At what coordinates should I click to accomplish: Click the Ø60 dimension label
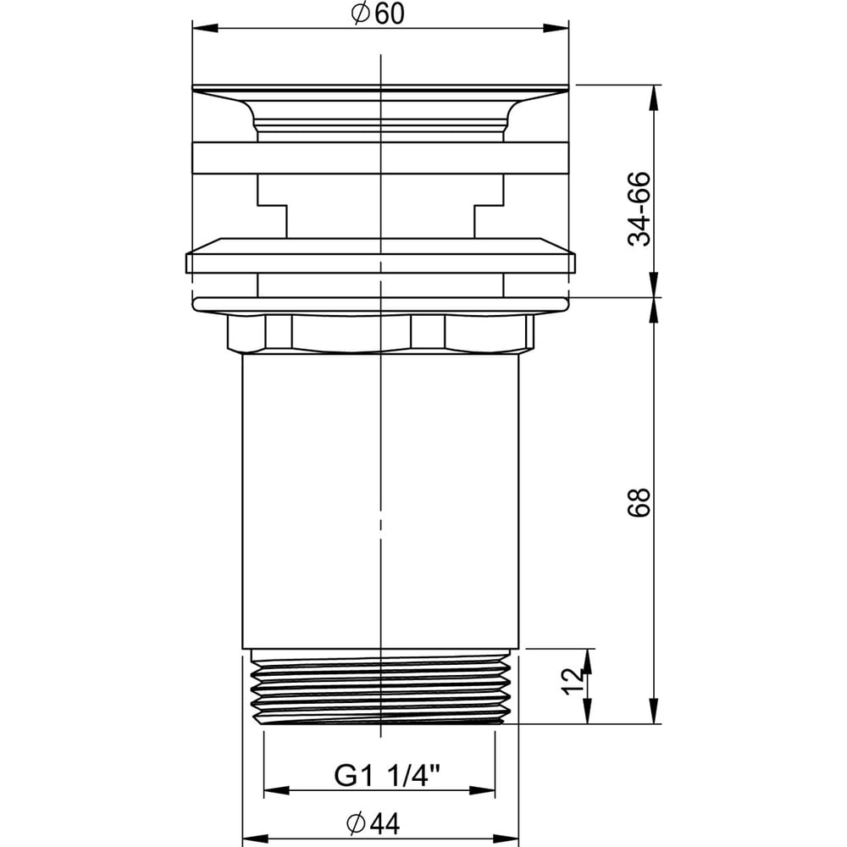pos(378,14)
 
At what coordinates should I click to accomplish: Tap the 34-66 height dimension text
pos(639,209)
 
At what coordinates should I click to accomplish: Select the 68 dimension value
pos(639,503)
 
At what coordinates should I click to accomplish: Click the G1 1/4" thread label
pos(388,777)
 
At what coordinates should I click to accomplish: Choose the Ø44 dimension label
pos(374,824)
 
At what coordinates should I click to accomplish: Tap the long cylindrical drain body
pos(380,501)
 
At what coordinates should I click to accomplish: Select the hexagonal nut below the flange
pos(380,333)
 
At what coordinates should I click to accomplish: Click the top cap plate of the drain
pos(380,88)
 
